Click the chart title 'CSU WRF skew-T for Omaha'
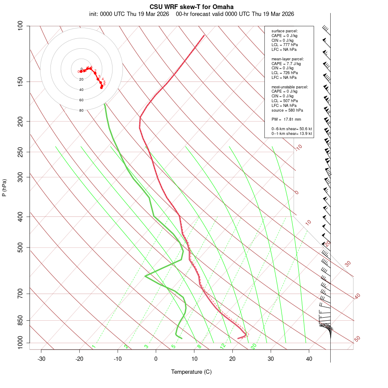click(x=191, y=7)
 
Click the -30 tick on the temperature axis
click(x=41, y=359)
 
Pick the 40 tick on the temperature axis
click(x=309, y=359)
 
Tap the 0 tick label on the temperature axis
click(x=156, y=359)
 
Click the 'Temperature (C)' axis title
click(x=191, y=372)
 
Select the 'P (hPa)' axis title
click(x=4, y=188)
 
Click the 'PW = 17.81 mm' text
click(x=286, y=119)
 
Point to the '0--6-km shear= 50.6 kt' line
click(x=292, y=129)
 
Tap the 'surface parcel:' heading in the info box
click(x=285, y=31)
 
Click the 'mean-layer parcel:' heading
click(x=288, y=59)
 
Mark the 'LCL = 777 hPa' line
click(x=285, y=45)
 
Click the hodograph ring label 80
click(x=81, y=110)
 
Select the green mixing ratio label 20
click(x=254, y=346)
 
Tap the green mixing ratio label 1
click(x=94, y=346)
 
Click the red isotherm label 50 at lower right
click(x=357, y=339)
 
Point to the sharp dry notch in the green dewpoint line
click(x=146, y=276)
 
